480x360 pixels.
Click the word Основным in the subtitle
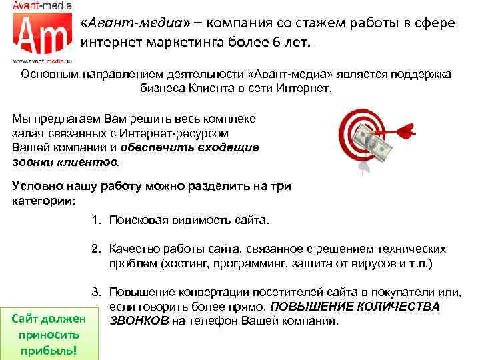click(x=51, y=74)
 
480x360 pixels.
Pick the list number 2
click(x=96, y=249)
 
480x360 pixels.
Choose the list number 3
click(x=96, y=292)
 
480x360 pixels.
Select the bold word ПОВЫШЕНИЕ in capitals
click(x=309, y=307)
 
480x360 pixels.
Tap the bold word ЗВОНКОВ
click(x=138, y=321)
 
